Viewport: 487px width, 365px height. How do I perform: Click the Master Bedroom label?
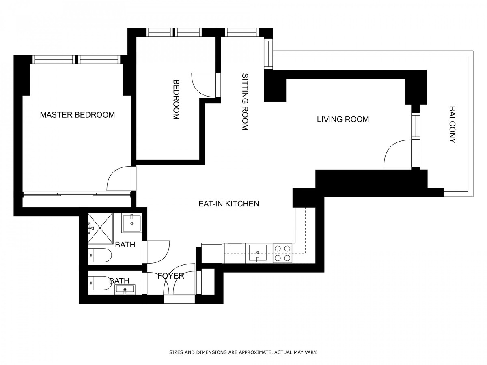pyautogui.click(x=78, y=115)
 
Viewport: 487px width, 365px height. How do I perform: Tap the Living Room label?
pyautogui.click(x=343, y=120)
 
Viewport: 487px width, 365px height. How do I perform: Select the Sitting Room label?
pyautogui.click(x=245, y=102)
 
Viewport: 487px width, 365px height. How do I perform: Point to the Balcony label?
pyautogui.click(x=452, y=125)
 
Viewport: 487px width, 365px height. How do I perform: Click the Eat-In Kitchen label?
pyautogui.click(x=229, y=204)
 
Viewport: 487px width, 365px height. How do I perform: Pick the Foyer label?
pyautogui.click(x=170, y=276)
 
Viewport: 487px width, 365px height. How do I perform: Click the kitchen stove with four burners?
pyautogui.click(x=282, y=253)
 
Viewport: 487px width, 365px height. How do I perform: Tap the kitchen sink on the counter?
pyautogui.click(x=258, y=253)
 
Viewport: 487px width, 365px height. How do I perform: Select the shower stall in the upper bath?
pyautogui.click(x=101, y=228)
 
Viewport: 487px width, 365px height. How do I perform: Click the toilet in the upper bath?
pyautogui.click(x=99, y=255)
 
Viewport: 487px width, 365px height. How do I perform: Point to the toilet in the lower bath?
pyautogui.click(x=99, y=283)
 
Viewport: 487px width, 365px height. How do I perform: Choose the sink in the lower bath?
pyautogui.click(x=125, y=290)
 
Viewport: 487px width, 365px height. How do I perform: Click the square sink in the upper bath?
pyautogui.click(x=131, y=224)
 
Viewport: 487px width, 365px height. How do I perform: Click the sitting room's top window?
pyautogui.click(x=242, y=32)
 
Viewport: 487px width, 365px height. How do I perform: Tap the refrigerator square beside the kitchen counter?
pyautogui.click(x=212, y=253)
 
